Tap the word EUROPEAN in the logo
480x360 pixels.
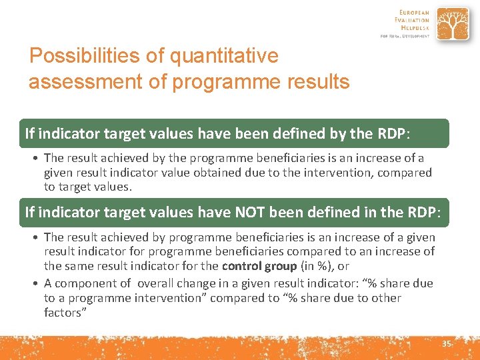point(414,13)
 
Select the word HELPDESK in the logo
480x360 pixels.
point(415,29)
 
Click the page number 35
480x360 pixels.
point(446,343)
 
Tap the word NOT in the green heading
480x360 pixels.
point(251,213)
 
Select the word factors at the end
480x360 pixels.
point(65,313)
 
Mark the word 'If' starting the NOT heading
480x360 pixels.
point(29,213)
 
